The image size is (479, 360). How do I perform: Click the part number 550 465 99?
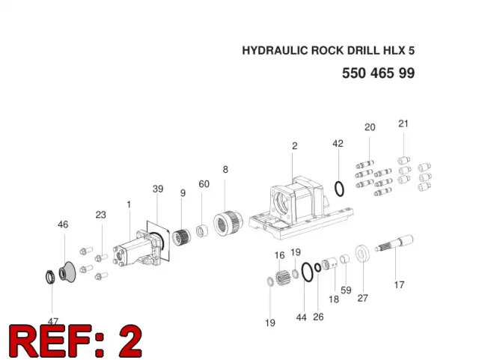point(378,73)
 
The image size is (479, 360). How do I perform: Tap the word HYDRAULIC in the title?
point(275,50)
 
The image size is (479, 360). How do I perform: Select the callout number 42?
point(338,144)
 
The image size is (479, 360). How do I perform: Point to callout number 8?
point(225,169)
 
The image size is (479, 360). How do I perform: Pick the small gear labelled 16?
point(282,277)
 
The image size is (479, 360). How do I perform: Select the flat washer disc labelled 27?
point(362,253)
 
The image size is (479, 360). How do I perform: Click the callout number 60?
point(204,184)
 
